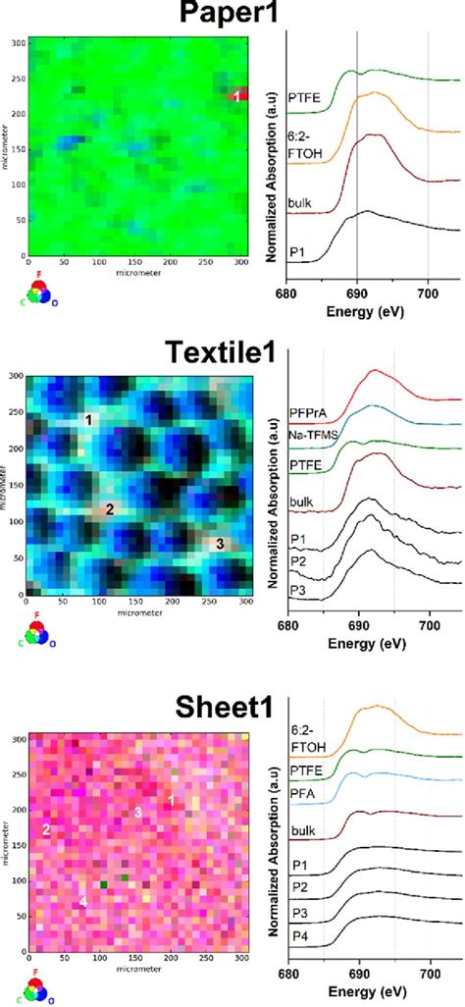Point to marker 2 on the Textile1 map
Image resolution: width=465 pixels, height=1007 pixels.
[x=110, y=508]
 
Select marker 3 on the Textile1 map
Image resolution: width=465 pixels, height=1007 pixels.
[x=220, y=543]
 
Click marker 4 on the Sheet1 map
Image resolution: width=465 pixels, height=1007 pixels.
[x=83, y=900]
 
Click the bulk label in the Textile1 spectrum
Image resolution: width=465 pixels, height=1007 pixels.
[x=301, y=503]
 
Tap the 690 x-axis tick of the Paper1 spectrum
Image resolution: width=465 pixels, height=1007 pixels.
[x=358, y=291]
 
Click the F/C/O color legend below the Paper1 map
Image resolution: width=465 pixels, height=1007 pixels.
[x=34, y=291]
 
